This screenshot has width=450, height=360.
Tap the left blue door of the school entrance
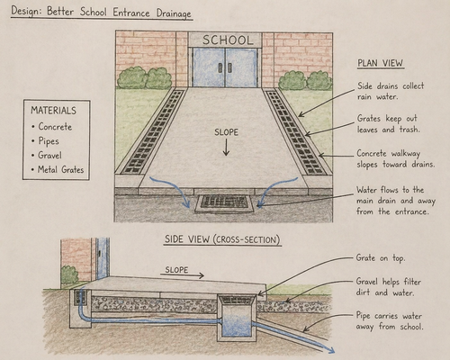coord(209,68)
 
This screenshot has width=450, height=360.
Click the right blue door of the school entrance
coord(241,68)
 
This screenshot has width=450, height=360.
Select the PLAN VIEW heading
coord(381,63)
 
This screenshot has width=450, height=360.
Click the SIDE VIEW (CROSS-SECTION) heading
coord(222,239)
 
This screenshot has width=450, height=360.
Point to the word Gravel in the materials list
coord(50,155)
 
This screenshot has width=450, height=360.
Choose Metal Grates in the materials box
coord(61,169)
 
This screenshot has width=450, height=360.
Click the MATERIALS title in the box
coord(53,111)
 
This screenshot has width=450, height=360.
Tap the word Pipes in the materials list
coord(49,141)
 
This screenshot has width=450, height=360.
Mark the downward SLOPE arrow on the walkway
coord(226,148)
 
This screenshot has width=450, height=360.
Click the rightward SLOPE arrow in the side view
coord(182,275)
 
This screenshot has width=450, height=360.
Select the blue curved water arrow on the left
coord(170,189)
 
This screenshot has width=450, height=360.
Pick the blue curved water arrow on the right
coord(274,189)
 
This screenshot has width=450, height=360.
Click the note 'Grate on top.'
coord(381,258)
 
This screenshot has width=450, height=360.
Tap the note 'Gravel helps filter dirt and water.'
coord(389,287)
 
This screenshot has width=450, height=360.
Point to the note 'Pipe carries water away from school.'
coord(390,321)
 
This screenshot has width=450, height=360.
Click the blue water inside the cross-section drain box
coord(237,326)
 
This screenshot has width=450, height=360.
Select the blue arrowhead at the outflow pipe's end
coord(330,350)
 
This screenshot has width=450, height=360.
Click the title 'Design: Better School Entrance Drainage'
coord(102,12)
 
